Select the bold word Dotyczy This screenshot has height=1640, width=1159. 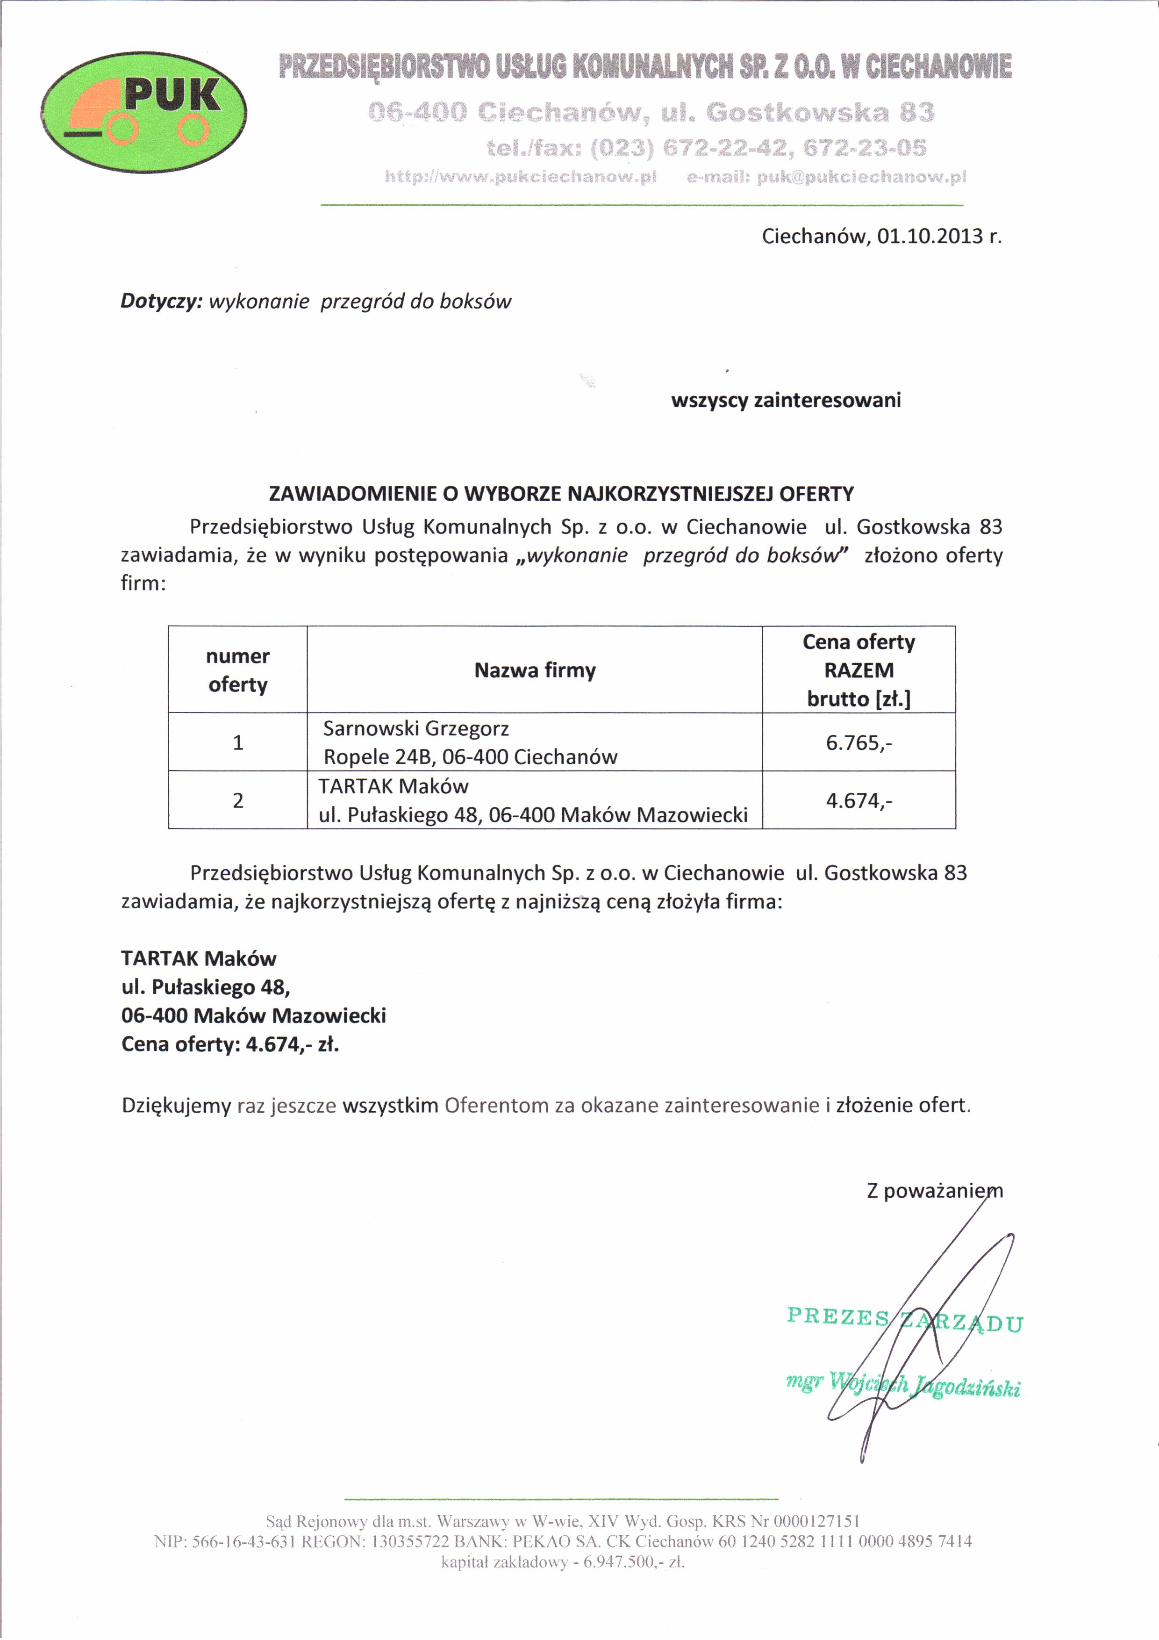[x=161, y=302]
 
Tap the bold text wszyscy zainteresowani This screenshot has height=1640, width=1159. [x=786, y=400]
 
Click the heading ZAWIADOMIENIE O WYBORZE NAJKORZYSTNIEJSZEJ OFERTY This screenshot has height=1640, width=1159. [x=561, y=494]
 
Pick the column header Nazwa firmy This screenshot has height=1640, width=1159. [x=535, y=670]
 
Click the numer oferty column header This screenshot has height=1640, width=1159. [x=238, y=670]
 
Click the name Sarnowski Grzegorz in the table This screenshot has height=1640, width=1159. [x=416, y=728]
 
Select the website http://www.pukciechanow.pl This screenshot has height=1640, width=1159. [x=521, y=176]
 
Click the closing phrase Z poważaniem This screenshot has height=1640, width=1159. [x=934, y=1191]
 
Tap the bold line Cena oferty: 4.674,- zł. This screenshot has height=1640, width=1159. [x=230, y=1044]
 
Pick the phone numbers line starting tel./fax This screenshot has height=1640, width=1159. [x=706, y=148]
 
